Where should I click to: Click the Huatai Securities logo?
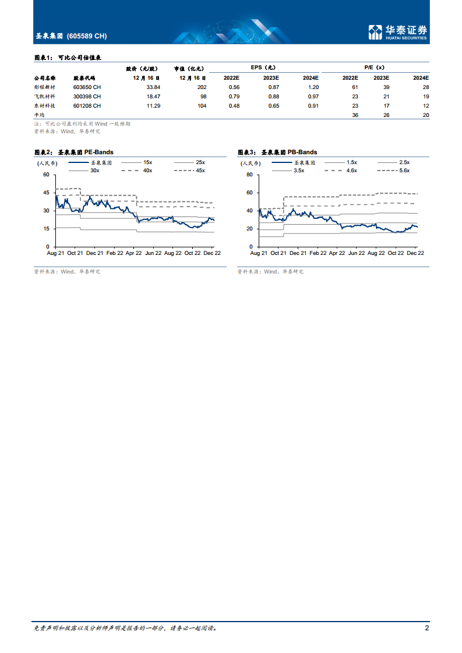pos(398,32)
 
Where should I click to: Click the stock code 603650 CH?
pos(87,87)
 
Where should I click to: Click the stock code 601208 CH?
pos(87,105)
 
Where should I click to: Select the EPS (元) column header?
pos(263,68)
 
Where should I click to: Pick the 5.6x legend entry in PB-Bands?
pos(403,170)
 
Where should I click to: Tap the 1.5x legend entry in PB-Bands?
pos(351,162)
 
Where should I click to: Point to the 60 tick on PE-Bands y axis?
pos(46,175)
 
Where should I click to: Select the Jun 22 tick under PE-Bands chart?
pos(153,254)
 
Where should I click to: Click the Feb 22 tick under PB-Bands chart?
pos(318,254)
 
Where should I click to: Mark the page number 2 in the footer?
pos(427,628)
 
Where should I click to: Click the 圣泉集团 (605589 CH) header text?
pos(70,36)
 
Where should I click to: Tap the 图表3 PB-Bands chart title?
pos(277,152)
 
